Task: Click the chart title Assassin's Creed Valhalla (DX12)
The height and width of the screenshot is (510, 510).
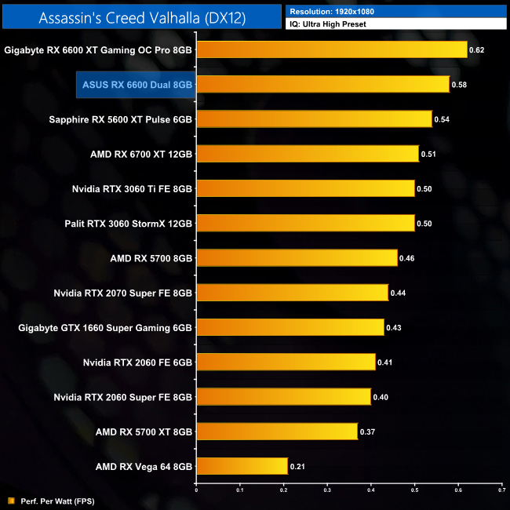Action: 142,18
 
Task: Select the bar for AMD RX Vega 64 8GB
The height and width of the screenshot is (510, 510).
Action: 242,466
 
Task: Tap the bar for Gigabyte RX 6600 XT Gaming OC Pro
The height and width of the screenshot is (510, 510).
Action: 331,50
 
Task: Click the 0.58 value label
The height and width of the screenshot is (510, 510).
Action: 461,85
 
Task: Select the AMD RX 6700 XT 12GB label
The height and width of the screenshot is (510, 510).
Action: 141,155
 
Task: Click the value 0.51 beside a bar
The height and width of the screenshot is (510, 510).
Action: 429,155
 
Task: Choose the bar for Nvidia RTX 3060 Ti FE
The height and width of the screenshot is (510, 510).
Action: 305,189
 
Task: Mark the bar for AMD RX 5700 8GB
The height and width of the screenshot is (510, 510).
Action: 297,258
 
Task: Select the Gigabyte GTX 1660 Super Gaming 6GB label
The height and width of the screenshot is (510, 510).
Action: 105,327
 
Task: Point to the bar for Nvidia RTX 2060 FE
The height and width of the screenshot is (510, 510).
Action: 286,362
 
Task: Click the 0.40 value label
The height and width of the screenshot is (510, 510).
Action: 381,397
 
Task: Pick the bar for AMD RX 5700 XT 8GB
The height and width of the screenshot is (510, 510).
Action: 277,432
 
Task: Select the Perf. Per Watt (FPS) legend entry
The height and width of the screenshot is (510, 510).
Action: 47,500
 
